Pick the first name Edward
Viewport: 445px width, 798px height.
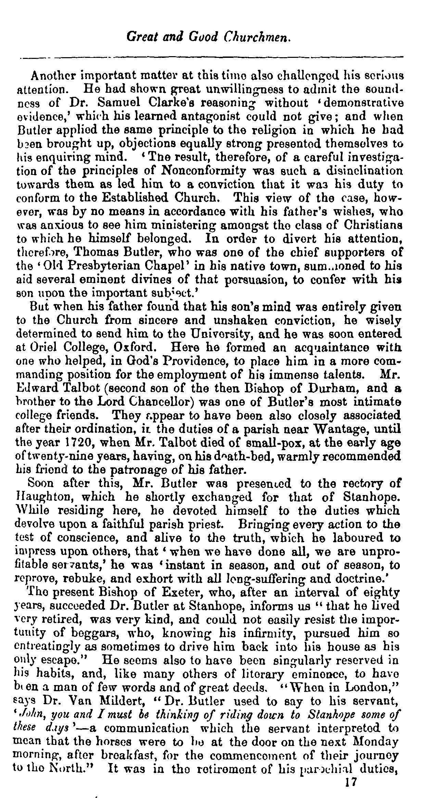pyautogui.click(x=36, y=388)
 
